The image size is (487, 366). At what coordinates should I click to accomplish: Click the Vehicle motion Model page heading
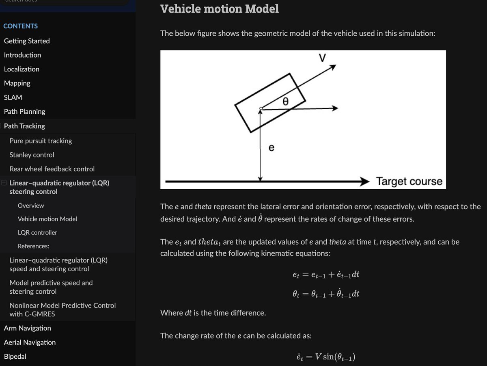tap(220, 9)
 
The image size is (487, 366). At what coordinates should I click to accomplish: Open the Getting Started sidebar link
tap(27, 41)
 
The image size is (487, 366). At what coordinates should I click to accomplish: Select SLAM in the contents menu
tap(13, 97)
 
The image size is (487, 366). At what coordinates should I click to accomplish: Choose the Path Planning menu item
tap(24, 111)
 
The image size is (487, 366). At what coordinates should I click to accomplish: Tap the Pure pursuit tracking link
tap(41, 141)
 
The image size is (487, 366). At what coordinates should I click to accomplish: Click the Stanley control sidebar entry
tap(32, 155)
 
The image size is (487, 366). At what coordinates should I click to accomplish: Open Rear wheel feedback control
tap(52, 169)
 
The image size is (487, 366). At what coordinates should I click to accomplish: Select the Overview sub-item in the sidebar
tap(31, 206)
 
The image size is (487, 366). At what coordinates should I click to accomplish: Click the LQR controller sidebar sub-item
tap(37, 233)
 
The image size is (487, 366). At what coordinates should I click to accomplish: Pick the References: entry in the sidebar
tap(33, 246)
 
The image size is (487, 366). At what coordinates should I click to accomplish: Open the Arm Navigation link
tap(28, 328)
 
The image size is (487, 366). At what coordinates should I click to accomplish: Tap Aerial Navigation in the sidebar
tap(30, 342)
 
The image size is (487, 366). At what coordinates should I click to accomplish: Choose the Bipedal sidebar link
tap(15, 356)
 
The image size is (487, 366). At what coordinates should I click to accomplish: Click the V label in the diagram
tap(322, 58)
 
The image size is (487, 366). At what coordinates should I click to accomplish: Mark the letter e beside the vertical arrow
tap(272, 148)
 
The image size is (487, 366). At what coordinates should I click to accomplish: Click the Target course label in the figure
tap(409, 181)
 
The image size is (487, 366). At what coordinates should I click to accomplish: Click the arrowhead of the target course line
tap(365, 182)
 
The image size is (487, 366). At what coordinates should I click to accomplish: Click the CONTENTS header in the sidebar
tap(21, 26)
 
